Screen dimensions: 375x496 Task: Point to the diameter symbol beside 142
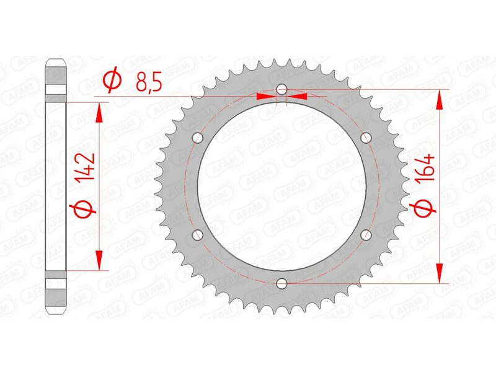coord(87,208)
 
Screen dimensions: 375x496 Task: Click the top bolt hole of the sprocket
coord(282,90)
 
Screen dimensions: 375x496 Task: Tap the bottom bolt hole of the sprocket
coord(282,283)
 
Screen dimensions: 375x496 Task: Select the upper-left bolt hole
coord(198,138)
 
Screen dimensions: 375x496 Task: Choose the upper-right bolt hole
coord(365,138)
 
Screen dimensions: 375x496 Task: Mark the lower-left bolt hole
coord(198,235)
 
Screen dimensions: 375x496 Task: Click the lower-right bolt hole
coord(365,235)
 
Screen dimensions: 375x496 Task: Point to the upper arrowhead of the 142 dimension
coord(97,110)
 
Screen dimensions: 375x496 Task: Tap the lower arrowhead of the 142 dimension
coord(97,262)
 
